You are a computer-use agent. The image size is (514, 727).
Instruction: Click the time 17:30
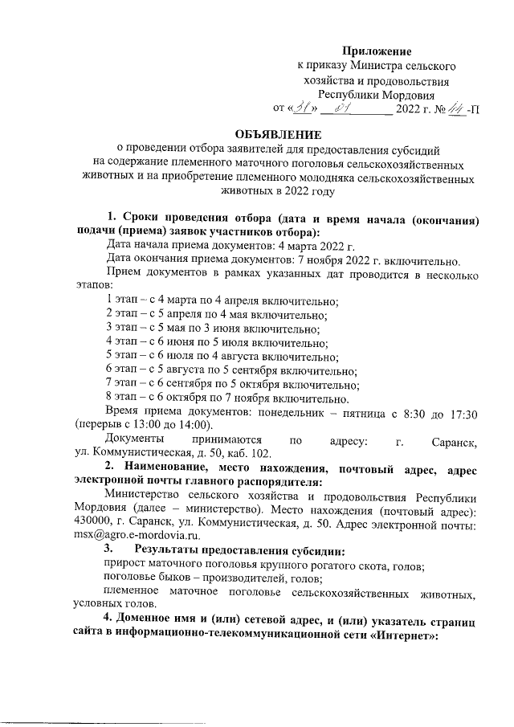[462, 412]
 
